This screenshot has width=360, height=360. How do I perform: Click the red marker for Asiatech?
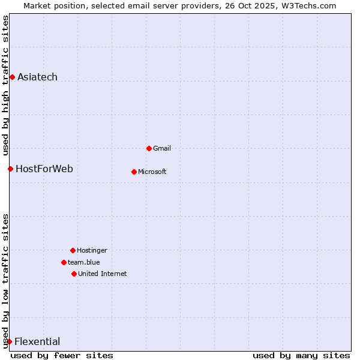pos(12,77)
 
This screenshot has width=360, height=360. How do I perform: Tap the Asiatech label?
pos(37,77)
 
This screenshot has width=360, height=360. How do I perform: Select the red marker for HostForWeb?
pos(10,169)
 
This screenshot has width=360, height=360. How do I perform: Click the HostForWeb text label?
pos(44,169)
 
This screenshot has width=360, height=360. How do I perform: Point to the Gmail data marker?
pos(149,148)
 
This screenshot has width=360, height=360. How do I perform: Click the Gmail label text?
pos(162,148)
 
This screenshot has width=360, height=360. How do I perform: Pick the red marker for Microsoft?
pos(134,172)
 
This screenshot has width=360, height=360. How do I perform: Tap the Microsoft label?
pos(152,172)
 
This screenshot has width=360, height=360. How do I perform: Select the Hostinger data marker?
pos(73,250)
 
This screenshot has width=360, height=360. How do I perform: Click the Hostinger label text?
pos(92,250)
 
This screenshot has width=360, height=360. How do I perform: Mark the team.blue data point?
pos(64,262)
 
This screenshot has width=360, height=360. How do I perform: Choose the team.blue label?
pos(84,262)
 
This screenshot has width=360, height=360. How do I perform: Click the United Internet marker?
pos(74,274)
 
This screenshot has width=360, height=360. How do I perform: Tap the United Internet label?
pos(103,274)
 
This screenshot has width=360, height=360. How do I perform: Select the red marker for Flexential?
pos(9,341)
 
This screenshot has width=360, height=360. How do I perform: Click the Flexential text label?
pos(37,341)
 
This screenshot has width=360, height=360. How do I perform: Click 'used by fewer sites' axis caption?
pos(62,355)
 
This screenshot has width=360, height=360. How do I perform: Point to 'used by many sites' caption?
pos(301,355)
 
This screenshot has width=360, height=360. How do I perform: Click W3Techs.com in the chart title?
pos(307,5)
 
